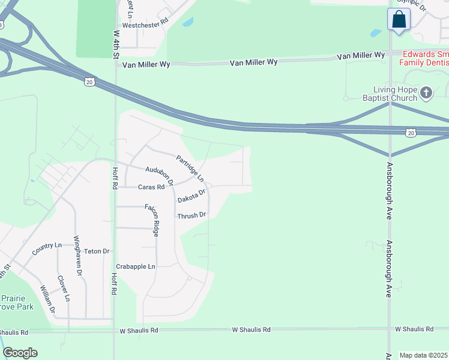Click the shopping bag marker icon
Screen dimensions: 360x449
point(399,20)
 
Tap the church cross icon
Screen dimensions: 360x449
point(426,93)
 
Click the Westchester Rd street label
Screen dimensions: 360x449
point(145,26)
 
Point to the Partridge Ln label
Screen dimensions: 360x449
point(190,169)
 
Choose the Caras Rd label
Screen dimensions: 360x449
point(151,187)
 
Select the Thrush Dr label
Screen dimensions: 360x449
point(191,215)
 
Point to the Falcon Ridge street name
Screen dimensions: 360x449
point(151,220)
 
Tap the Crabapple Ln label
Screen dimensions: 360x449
point(136,266)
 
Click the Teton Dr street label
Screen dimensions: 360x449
point(97,251)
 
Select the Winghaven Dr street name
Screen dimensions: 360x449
point(77,256)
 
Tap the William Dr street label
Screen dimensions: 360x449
point(47,300)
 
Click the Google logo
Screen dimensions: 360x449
point(20,353)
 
